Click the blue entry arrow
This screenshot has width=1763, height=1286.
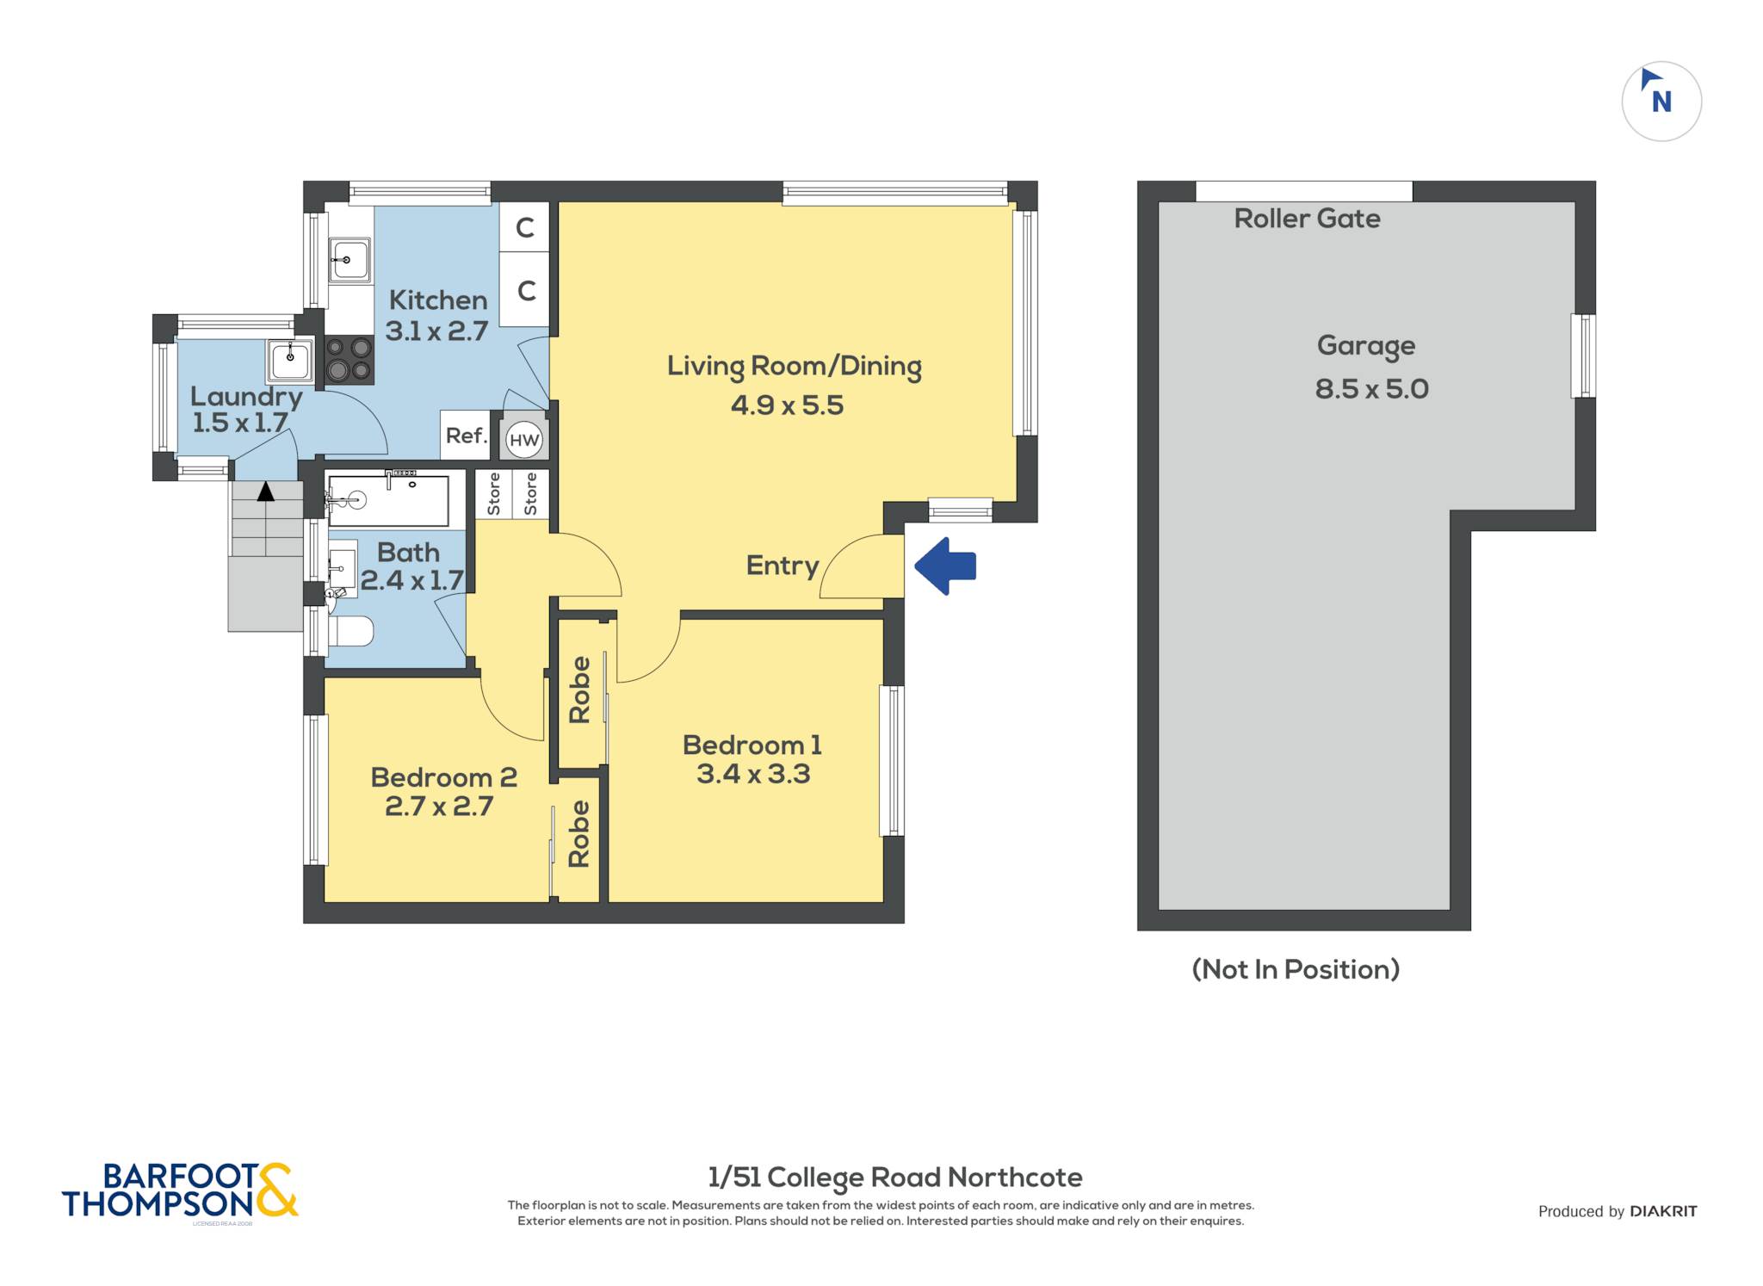[x=945, y=566]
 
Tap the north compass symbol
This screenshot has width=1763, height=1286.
[x=1661, y=102]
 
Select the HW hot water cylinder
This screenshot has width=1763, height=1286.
[x=524, y=440]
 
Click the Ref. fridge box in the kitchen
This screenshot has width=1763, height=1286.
[x=466, y=436]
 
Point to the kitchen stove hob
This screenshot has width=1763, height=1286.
[x=350, y=359]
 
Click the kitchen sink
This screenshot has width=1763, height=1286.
[x=350, y=259]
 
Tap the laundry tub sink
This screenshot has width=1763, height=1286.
[x=290, y=360]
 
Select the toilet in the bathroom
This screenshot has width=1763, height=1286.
[x=350, y=630]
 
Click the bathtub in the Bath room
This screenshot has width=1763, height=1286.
[x=388, y=499]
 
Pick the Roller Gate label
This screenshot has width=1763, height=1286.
[x=1307, y=219]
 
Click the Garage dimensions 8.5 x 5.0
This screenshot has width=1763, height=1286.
[x=1371, y=389]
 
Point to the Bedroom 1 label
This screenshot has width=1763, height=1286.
[x=752, y=745]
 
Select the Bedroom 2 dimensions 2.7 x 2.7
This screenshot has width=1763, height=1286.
[x=438, y=807]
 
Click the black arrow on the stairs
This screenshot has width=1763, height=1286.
[x=266, y=492]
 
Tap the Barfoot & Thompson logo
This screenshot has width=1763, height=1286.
[x=180, y=1191]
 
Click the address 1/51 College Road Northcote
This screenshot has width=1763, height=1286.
[x=895, y=1178]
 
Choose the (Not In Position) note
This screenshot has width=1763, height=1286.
[x=1296, y=969]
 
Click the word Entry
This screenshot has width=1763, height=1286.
[x=783, y=566]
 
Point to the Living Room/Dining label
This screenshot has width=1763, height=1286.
[x=794, y=367]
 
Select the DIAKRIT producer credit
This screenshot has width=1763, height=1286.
[x=1663, y=1211]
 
